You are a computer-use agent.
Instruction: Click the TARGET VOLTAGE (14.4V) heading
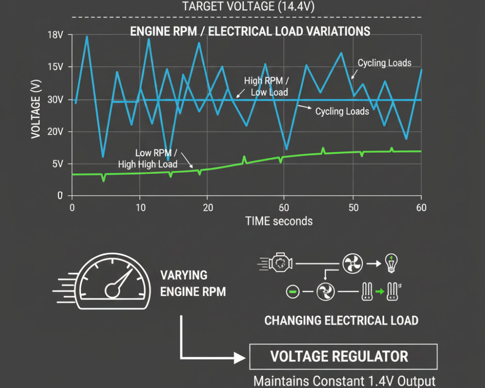(x=248, y=6)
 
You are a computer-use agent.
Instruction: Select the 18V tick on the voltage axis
(x=55, y=35)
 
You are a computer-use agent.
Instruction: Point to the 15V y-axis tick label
(x=55, y=67)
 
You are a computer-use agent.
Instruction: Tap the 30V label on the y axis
(x=55, y=99)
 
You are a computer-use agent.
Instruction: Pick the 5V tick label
(x=58, y=163)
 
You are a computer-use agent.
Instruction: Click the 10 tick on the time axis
(x=141, y=208)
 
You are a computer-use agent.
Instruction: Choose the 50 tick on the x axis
(x=354, y=208)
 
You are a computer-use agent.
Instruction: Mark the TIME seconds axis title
(x=279, y=222)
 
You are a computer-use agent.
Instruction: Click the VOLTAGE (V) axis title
(x=36, y=109)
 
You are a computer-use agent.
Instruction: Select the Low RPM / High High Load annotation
(x=148, y=159)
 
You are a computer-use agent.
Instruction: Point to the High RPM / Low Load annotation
(x=267, y=87)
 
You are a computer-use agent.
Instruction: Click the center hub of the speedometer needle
(x=112, y=291)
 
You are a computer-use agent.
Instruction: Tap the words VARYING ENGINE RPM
(x=193, y=283)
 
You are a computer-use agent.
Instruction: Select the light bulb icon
(x=391, y=263)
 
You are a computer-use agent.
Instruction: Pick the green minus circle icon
(x=292, y=291)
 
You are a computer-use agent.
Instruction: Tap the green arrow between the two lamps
(x=380, y=291)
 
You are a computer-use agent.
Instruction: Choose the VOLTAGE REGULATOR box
(x=343, y=357)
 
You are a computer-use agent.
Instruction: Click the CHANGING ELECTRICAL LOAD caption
(x=341, y=321)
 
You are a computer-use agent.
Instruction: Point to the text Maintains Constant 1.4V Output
(x=344, y=381)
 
